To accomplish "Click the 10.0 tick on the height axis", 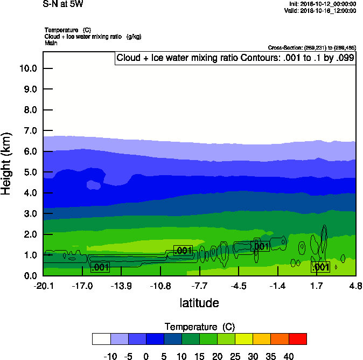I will click(28, 68).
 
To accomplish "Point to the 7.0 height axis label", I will click(28, 131).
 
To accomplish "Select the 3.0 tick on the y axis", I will click(28, 214).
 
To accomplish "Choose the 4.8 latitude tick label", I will click(355, 285).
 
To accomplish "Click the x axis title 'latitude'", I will click(199, 303).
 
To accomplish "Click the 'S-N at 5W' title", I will click(63, 4).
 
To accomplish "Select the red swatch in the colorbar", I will click(298, 338).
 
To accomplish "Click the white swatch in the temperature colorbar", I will click(101, 338).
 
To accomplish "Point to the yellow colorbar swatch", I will click(244, 338).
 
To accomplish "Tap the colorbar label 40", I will click(289, 356).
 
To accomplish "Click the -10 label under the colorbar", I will click(110, 356).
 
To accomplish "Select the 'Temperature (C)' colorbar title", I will click(199, 327).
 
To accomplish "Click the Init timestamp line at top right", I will click(322, 4).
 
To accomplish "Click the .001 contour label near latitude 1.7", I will click(320, 267).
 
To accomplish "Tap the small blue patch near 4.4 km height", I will click(94, 185).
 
